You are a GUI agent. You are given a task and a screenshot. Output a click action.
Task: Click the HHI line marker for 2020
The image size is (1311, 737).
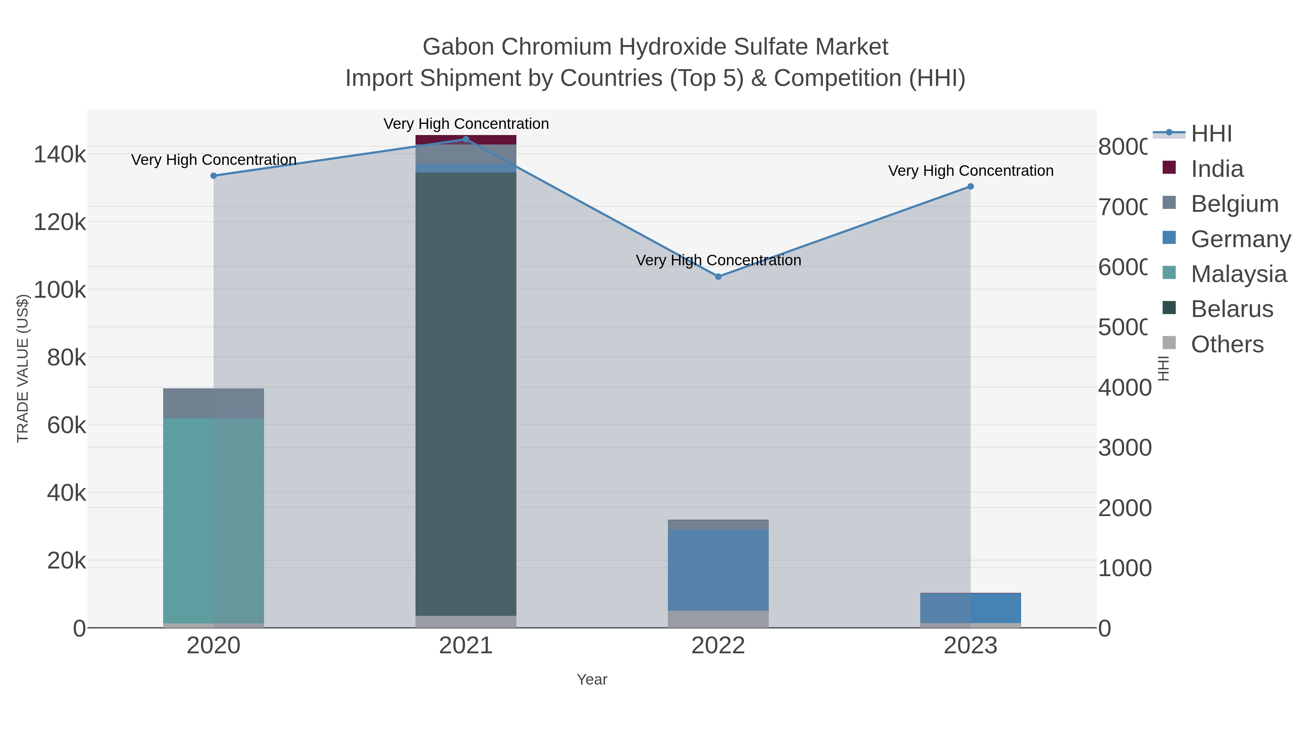click(214, 176)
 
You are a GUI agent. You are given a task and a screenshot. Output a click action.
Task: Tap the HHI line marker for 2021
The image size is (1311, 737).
click(466, 139)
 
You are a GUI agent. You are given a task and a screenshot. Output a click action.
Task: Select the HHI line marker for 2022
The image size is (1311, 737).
click(718, 277)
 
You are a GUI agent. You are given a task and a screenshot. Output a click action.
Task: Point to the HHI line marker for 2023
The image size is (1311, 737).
click(971, 187)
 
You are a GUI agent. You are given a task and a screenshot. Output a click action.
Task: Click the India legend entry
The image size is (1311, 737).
click(1217, 169)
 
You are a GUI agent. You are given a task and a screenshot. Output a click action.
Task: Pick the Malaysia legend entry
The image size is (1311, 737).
click(1238, 274)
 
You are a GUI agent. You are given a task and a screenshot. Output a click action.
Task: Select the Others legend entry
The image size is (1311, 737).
click(1227, 344)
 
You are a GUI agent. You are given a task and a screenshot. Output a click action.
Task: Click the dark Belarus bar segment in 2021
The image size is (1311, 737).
click(466, 392)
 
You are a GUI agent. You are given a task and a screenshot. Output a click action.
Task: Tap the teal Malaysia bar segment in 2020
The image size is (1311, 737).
click(214, 519)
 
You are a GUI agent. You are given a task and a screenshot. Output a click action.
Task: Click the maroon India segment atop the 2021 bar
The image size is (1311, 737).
click(466, 140)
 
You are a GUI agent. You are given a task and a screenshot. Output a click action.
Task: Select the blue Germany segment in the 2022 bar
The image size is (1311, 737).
click(718, 570)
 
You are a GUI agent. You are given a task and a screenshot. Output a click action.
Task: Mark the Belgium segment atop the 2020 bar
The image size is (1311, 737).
click(214, 403)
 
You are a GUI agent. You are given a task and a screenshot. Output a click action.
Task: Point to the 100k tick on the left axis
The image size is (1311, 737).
click(60, 290)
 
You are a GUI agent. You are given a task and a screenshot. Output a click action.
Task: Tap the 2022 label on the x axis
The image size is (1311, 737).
click(718, 646)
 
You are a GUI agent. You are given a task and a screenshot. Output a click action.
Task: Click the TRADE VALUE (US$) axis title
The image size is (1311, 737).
click(23, 368)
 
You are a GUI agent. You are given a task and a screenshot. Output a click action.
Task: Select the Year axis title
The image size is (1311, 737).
click(592, 679)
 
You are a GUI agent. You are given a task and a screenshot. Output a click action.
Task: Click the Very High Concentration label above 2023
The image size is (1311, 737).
click(971, 171)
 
